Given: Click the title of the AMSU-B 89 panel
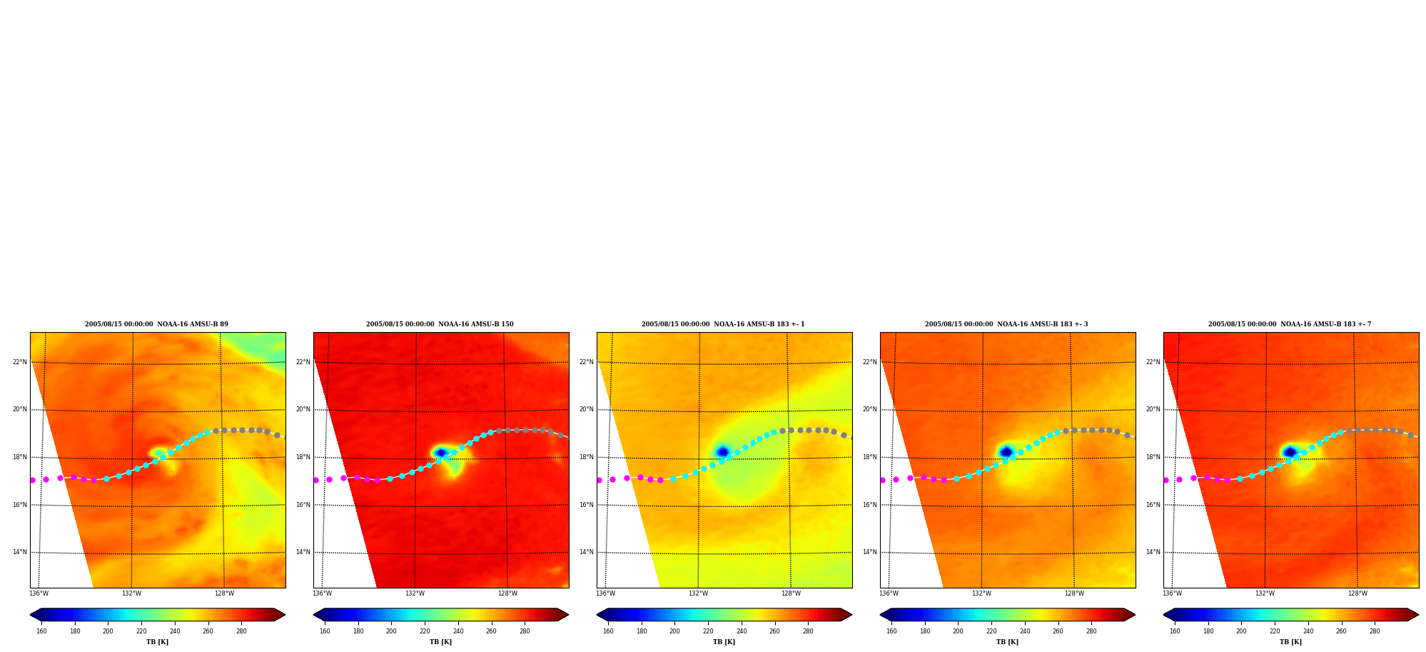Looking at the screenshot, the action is pos(156,324).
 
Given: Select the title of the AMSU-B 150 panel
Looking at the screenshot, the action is pos(440,324).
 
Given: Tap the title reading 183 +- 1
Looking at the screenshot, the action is pos(723,324).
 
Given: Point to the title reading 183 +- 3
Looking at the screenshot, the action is pos(1006,324).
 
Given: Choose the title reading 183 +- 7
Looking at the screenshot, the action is pos(1290,324).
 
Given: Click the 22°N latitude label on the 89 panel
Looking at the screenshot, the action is pos(19,362).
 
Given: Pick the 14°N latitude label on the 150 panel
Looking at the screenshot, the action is pos(303,552).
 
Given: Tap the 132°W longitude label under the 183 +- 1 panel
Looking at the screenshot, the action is pos(698,593).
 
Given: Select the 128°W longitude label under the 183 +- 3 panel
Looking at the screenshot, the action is pos(1074,593).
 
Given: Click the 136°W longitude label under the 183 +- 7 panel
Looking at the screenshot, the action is pos(1172,593).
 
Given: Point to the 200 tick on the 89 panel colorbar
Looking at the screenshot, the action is pos(108,631).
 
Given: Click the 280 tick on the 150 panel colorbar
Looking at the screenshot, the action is pos(525,631).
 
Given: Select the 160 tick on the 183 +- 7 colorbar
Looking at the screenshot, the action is pos(1175,631).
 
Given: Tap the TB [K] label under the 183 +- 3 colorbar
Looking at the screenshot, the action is pos(1007,642).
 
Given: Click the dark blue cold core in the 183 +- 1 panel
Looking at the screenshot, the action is pos(722,451).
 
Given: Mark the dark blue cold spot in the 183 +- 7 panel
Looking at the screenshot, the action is pos(1290,452).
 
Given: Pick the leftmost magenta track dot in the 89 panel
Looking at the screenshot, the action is pos(32,480).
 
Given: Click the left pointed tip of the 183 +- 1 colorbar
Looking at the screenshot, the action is pos(597,615).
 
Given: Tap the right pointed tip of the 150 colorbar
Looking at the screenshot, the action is pos(568,615).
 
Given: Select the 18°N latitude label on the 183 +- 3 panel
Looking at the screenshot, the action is pos(869,457).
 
